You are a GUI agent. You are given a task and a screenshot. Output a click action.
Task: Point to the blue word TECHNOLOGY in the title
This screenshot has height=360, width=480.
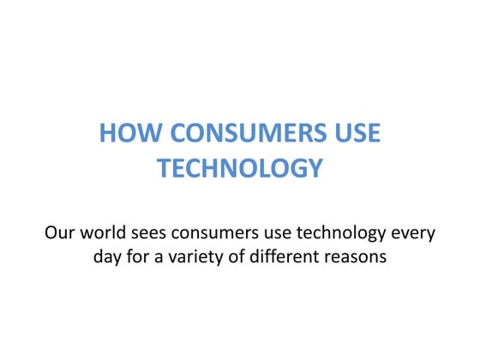[240, 169]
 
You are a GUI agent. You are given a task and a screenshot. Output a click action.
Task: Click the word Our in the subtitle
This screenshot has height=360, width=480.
[61, 232]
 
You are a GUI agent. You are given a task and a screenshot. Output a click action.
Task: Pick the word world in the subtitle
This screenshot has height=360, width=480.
[106, 232]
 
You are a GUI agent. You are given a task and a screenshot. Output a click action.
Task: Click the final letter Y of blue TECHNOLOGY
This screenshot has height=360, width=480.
[314, 169]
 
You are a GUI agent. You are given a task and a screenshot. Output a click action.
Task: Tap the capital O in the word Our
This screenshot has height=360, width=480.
[51, 232]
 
